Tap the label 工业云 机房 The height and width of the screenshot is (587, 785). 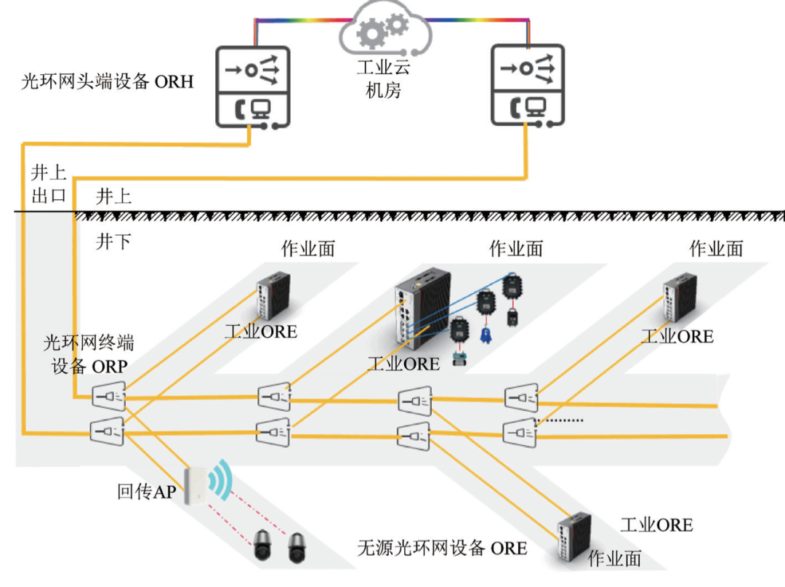383,79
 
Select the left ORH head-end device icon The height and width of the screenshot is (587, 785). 253,87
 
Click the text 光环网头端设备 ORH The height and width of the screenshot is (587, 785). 108,81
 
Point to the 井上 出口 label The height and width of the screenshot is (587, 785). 49,184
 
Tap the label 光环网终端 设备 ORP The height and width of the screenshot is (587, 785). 89,354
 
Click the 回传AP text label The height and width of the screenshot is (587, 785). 146,492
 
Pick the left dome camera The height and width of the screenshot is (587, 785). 262,546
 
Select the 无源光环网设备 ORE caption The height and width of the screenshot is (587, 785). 442,548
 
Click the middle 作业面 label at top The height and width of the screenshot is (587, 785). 515,249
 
